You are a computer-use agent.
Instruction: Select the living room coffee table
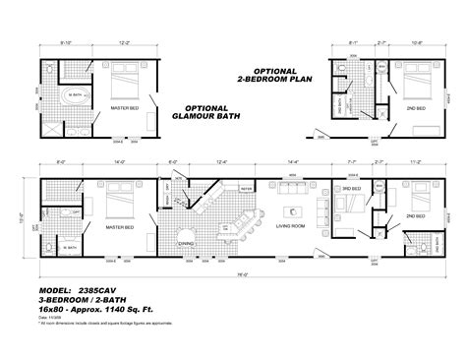pyautogui.click(x=291, y=210)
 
